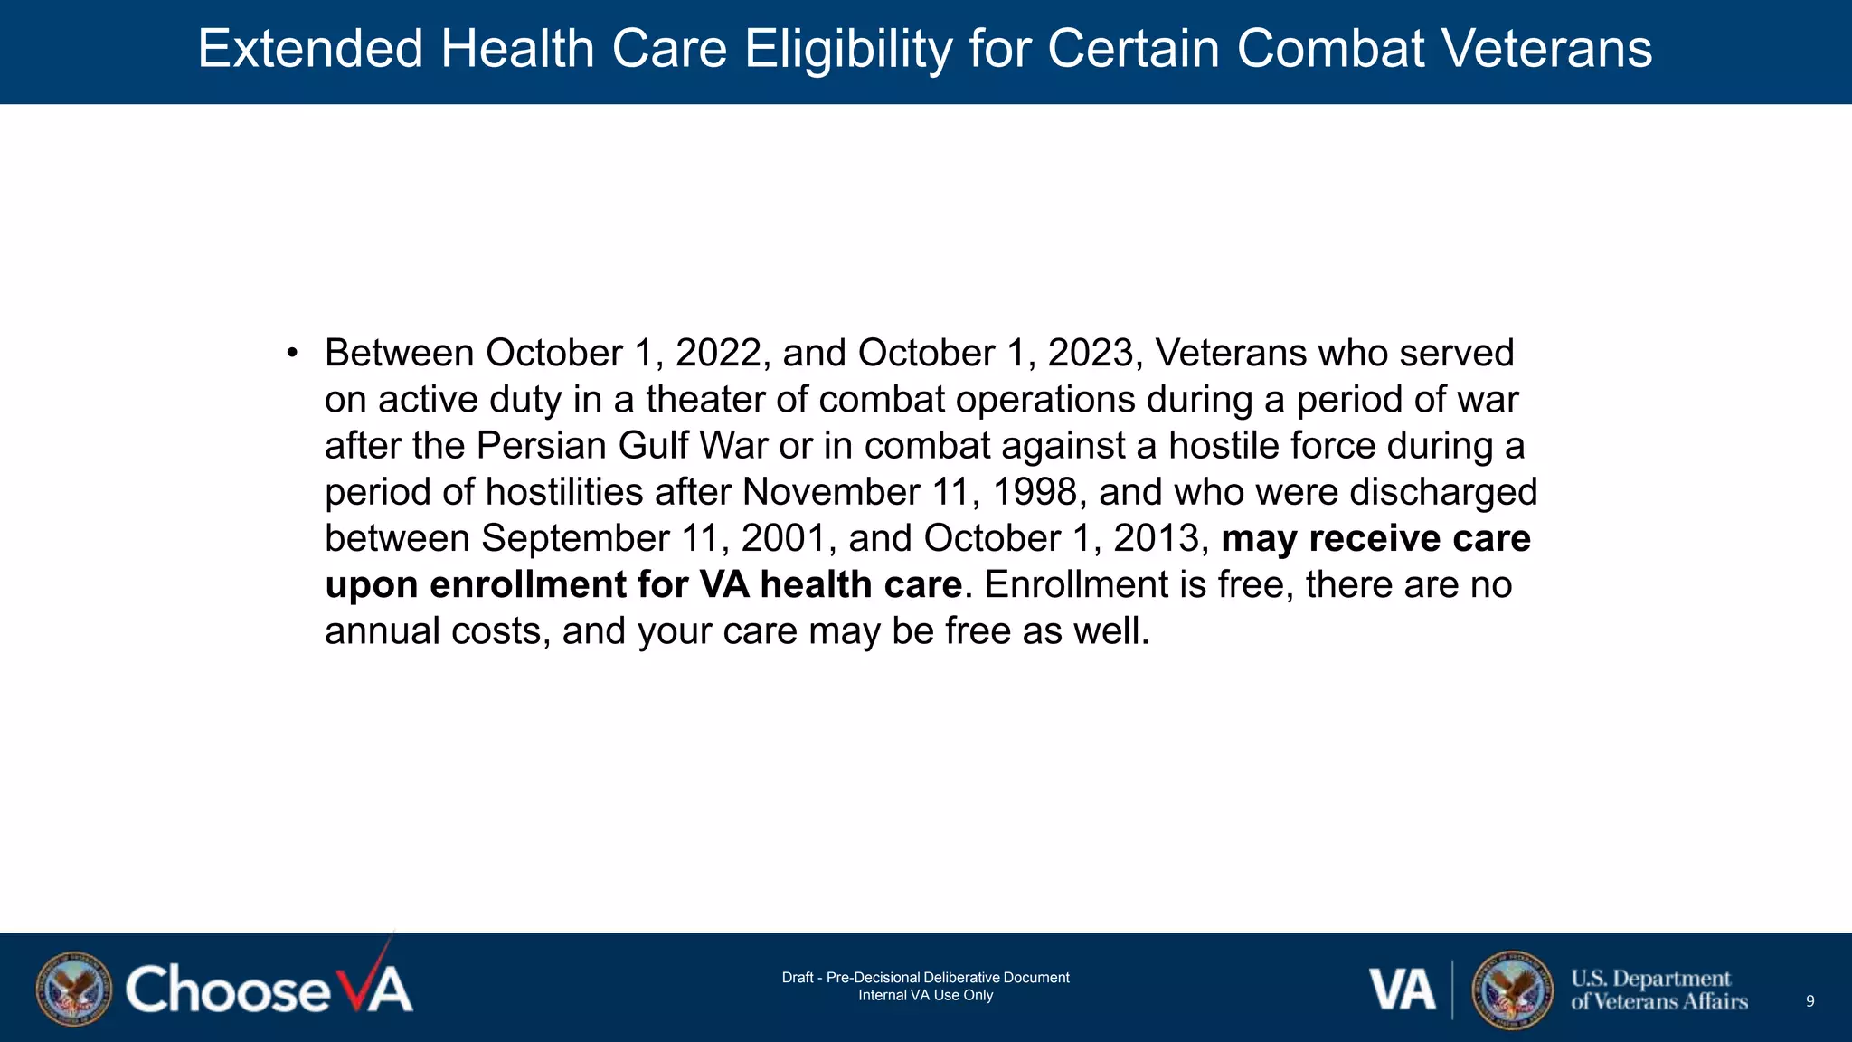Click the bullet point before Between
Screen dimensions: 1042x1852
(291, 354)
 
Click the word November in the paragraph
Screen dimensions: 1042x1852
(831, 493)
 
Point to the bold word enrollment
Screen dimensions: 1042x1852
(527, 585)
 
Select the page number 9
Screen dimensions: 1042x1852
(1809, 1001)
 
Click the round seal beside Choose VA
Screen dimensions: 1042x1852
(74, 989)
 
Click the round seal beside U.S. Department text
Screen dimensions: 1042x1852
(1511, 990)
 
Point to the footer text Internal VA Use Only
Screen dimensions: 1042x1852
(925, 996)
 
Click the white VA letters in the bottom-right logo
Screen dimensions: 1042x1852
(1401, 990)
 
